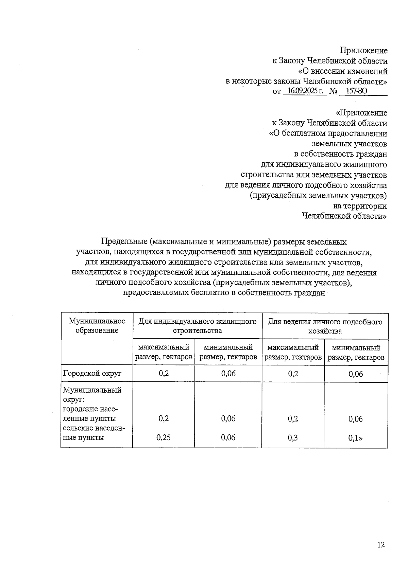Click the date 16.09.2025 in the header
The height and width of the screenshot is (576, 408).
coord(305,91)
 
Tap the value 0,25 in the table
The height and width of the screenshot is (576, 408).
coord(164,437)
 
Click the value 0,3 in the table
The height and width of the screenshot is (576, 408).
coord(293,438)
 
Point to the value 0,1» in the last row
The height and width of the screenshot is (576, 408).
coord(355,438)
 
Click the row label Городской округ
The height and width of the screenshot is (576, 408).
coord(92,374)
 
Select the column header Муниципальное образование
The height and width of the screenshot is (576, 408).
coord(97,326)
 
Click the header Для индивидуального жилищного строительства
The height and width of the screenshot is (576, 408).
coord(198,326)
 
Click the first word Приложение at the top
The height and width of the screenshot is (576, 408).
coord(364,51)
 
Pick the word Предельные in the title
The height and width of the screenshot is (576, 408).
coord(124,242)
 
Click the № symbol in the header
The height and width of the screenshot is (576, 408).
coord(333,91)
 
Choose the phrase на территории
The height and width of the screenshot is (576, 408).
coord(360,206)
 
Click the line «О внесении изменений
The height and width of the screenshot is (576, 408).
coord(343,71)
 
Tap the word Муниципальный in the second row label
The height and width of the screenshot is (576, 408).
coord(92,390)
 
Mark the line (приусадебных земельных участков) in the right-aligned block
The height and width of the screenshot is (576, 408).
coord(318,196)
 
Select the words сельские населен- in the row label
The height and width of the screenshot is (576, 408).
coord(94,428)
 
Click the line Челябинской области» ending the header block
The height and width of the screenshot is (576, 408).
coord(344,216)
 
